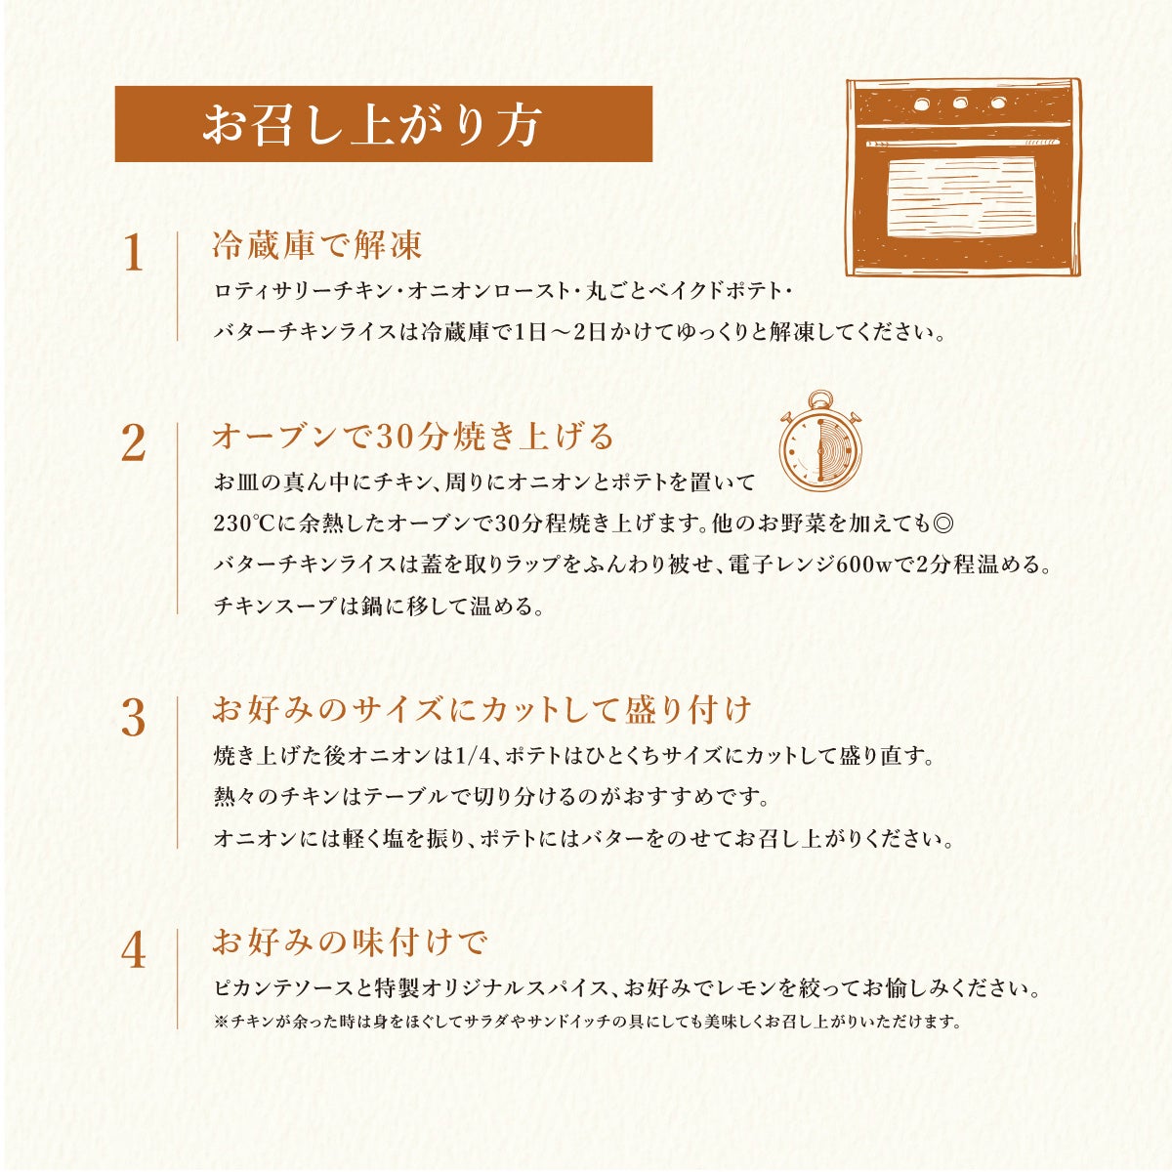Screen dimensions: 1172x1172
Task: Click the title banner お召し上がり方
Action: pos(383,124)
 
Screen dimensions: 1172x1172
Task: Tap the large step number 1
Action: pos(134,254)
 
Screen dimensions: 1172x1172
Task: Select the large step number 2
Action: pos(134,444)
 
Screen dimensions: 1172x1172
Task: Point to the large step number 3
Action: pos(134,718)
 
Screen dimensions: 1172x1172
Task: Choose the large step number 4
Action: pos(134,951)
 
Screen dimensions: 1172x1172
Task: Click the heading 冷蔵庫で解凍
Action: pos(316,245)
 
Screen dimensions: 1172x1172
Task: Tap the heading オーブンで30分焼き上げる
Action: pos(413,436)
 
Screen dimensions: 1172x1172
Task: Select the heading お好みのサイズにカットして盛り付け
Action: pos(481,710)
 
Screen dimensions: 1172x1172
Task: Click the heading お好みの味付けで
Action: pos(351,942)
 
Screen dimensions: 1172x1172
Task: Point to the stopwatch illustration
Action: pos(820,440)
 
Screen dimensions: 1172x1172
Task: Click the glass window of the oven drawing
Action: pos(960,197)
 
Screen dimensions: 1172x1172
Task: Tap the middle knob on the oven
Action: pos(960,103)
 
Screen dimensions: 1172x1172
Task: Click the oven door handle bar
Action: pos(963,143)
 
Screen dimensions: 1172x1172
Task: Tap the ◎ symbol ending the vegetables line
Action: pos(942,523)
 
